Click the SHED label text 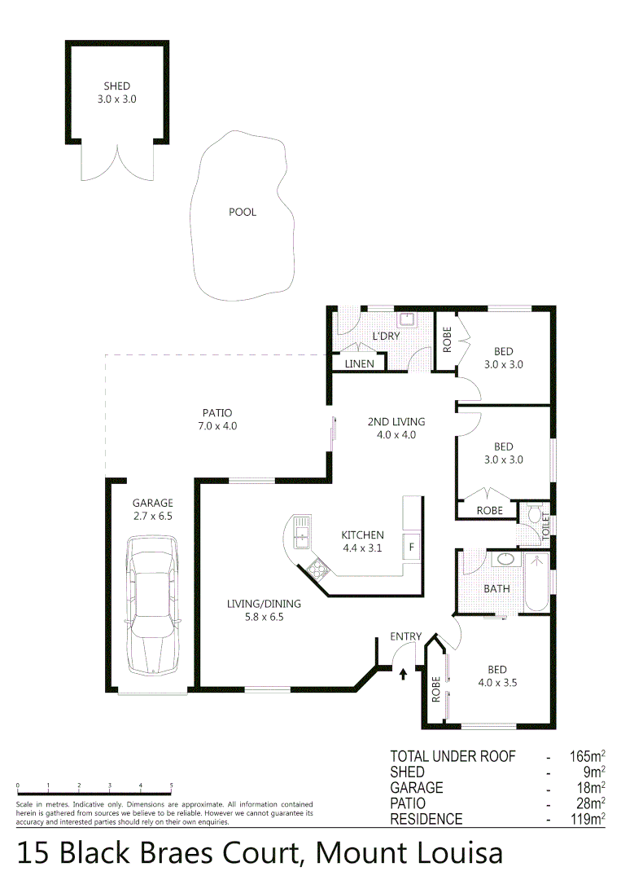116,86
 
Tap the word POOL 242,212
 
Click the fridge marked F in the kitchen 412,547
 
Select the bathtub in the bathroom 536,583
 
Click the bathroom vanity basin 505,561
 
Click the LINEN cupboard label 360,364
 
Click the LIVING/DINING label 264,604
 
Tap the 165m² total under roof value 585,757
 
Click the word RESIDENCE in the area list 426,819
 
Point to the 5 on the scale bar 171,785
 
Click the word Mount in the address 355,854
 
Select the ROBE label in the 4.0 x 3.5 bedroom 436,689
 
